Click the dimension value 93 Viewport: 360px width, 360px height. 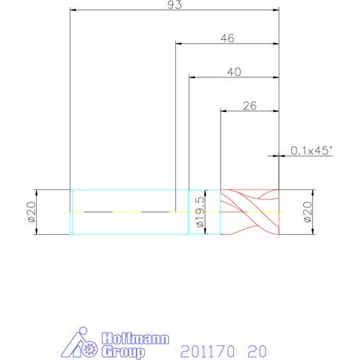[175, 5]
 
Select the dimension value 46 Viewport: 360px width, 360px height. [227, 38]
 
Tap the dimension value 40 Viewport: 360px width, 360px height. [234, 72]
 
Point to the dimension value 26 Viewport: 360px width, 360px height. [250, 106]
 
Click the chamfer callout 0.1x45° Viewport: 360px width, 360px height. [311, 150]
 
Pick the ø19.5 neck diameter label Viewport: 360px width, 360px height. [200, 212]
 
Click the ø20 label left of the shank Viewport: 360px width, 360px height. [31, 212]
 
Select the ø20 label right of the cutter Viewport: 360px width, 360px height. [308, 212]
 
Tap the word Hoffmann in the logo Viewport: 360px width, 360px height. [135, 338]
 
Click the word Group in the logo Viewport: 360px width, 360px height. [123, 351]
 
